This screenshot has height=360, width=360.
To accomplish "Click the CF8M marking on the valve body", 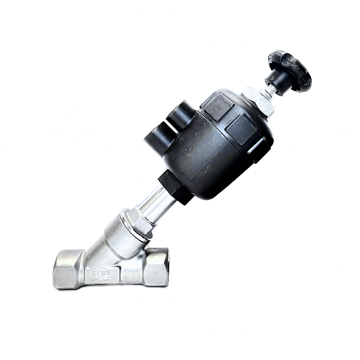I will tap(101, 273).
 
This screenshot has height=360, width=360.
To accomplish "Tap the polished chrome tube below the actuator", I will tap(155, 205).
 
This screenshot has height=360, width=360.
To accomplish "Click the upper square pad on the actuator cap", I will tap(218, 107).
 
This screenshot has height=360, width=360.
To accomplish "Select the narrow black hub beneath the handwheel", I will tap(275, 81).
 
